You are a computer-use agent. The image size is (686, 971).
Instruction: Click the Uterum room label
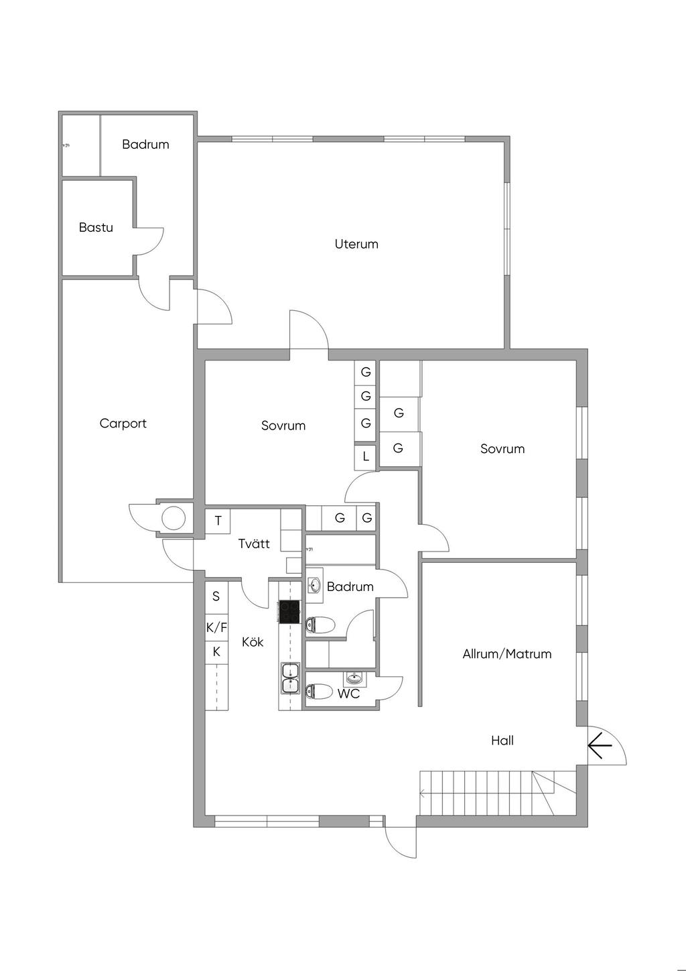(x=356, y=244)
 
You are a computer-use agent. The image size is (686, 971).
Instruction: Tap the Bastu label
(x=96, y=227)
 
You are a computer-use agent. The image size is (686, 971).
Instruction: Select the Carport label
(x=123, y=423)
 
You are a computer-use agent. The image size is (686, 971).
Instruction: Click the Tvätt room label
(x=254, y=543)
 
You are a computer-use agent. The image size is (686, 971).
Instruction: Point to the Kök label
(x=253, y=642)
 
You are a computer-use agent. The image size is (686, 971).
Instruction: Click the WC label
(x=348, y=694)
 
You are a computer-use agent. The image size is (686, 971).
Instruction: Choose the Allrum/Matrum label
(x=507, y=654)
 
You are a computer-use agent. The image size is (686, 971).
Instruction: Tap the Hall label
(x=502, y=740)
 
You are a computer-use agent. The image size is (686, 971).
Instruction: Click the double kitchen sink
(x=290, y=678)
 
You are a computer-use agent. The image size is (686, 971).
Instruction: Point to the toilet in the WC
(x=320, y=692)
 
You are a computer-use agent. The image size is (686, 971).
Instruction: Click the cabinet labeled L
(x=366, y=457)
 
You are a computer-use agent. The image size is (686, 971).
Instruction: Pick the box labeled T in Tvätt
(x=218, y=521)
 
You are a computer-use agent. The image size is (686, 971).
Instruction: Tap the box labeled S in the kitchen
(x=216, y=596)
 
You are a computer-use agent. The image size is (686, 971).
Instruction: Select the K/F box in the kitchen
(x=216, y=628)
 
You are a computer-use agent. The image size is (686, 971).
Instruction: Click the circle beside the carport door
(x=173, y=517)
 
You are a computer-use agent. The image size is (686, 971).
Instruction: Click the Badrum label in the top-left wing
(x=145, y=144)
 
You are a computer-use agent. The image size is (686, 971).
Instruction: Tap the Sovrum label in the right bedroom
(x=502, y=449)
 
